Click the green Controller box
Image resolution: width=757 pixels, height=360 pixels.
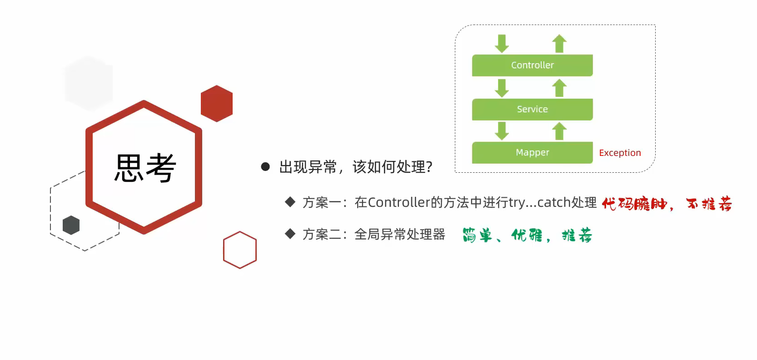click(532, 65)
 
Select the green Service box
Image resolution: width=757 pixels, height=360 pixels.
click(532, 109)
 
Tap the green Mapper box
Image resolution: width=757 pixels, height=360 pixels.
click(532, 152)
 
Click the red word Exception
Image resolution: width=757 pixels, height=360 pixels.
click(620, 153)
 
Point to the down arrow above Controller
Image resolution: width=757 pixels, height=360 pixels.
click(502, 44)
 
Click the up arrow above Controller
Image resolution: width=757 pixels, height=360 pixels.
click(559, 44)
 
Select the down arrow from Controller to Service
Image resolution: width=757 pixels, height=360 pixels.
click(502, 88)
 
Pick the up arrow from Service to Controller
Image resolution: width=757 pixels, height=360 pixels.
click(559, 88)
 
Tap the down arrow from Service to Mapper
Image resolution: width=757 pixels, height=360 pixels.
click(502, 131)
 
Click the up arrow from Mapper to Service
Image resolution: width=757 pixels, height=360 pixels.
click(559, 131)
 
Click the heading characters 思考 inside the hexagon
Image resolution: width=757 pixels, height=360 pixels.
click(145, 168)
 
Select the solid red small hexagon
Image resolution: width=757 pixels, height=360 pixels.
click(217, 104)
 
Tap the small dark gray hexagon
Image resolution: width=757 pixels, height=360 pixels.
click(71, 225)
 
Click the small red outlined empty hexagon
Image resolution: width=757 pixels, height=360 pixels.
click(240, 250)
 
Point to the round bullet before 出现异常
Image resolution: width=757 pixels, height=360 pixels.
click(265, 167)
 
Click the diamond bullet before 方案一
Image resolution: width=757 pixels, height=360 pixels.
click(290, 202)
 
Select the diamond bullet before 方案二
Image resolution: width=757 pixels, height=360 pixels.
click(290, 234)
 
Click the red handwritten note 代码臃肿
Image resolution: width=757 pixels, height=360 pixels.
click(634, 204)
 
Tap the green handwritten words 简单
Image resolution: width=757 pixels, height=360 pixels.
click(477, 235)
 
